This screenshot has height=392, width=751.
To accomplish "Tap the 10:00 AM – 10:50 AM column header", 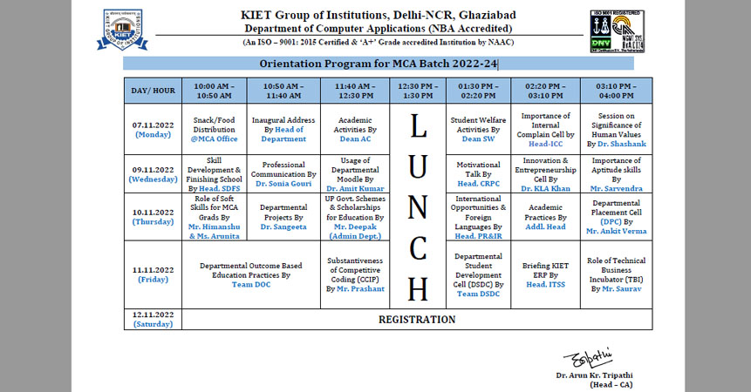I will coord(214,90).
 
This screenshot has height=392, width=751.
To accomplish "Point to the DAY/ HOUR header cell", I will coord(153,90).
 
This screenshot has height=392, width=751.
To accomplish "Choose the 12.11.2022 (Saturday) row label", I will coord(153,319).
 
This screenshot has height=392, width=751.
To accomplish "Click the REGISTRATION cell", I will coord(416,320).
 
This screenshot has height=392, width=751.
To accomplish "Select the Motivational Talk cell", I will coord(479,173).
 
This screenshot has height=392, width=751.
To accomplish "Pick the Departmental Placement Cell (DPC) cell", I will coord(617,217).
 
